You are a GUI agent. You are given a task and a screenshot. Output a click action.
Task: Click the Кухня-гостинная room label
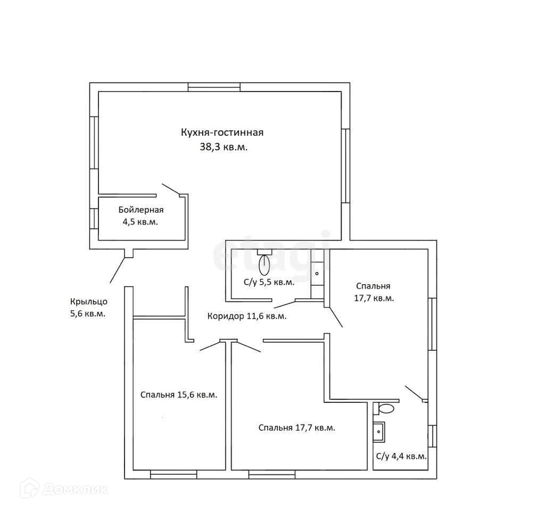tap(222, 133)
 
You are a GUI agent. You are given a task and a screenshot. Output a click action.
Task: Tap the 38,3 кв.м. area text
tap(222, 148)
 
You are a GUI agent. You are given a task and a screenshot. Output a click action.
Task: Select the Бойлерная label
tap(141, 209)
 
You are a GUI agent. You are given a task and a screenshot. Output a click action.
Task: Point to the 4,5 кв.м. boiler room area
tap(141, 222)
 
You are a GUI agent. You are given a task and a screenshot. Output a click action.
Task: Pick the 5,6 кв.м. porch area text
tap(87, 314)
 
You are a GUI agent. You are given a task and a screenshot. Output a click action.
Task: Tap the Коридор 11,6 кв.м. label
tap(246, 316)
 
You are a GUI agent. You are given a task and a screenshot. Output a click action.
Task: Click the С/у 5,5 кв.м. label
tap(269, 283)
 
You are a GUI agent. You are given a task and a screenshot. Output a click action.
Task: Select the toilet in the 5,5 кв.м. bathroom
tap(264, 262)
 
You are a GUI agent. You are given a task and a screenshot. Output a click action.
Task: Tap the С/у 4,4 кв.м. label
tap(401, 456)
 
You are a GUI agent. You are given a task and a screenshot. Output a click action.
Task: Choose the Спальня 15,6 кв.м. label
tap(179, 395)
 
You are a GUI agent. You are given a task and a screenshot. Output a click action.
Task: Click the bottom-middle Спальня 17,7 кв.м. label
tap(296, 427)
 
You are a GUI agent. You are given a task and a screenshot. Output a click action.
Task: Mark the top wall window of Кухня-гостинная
tap(214, 87)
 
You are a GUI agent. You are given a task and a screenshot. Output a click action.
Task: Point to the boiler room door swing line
tap(171, 188)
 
